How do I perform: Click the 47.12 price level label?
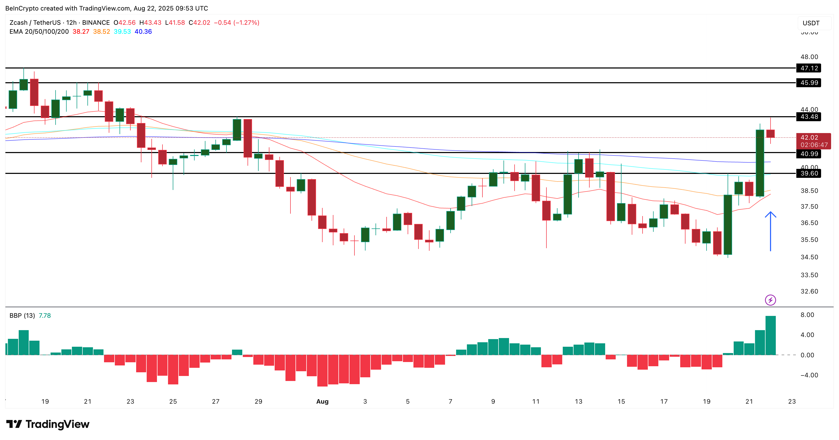coord(809,68)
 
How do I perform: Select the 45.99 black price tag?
coord(809,83)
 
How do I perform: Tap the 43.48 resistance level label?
coord(809,117)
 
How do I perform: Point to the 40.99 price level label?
coord(809,154)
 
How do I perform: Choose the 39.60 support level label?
coord(809,173)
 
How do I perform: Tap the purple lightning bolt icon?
coord(770,300)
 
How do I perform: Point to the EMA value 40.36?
coord(143,32)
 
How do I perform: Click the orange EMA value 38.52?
coord(101,32)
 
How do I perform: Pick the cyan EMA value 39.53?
coord(122,32)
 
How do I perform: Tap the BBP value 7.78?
coord(45,315)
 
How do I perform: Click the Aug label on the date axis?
coord(322,402)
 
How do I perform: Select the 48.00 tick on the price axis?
coord(809,57)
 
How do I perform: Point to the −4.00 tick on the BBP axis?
coord(809,375)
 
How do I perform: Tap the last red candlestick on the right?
coord(770,134)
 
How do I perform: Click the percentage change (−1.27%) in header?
coord(246,22)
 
